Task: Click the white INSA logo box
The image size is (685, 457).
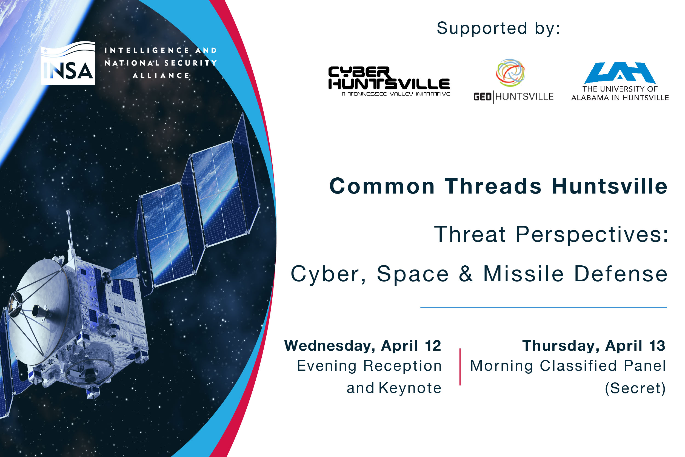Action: [x=68, y=63]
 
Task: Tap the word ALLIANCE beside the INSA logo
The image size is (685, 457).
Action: [x=161, y=76]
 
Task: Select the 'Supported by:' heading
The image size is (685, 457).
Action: [x=498, y=29]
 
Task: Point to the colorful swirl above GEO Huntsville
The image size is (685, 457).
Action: [x=510, y=73]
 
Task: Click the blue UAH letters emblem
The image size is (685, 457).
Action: [x=620, y=72]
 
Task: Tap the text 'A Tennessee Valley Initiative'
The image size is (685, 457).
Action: [x=396, y=94]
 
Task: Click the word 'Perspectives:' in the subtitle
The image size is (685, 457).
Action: [x=592, y=234]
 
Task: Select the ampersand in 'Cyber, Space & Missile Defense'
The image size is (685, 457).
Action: [x=466, y=273]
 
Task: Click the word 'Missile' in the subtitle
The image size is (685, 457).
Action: [x=523, y=273]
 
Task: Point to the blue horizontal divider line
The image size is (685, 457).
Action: [x=543, y=307]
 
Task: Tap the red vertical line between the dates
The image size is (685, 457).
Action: [x=460, y=367]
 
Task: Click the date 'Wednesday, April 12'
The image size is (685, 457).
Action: [x=363, y=346]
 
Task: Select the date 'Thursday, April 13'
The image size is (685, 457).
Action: [x=594, y=346]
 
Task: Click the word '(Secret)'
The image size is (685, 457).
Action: [x=635, y=388]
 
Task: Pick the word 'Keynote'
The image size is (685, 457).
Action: [x=410, y=388]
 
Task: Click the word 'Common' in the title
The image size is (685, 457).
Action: [x=382, y=186]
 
